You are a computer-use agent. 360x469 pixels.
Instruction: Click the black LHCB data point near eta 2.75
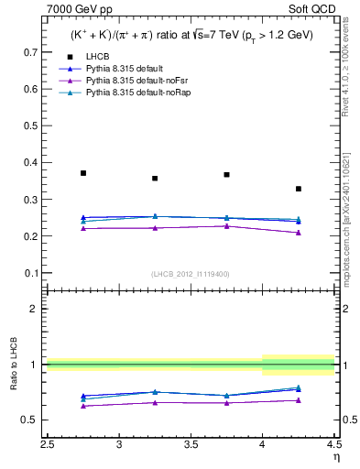click(83, 173)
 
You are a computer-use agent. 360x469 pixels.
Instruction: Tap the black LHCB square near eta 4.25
click(299, 189)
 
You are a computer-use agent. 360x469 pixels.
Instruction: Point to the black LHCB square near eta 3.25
click(155, 179)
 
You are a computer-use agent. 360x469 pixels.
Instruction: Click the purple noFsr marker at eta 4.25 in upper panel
click(299, 233)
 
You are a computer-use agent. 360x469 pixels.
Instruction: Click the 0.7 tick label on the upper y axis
click(34, 53)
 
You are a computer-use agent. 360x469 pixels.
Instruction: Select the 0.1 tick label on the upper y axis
click(34, 273)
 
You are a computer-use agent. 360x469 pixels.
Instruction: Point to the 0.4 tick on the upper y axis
click(34, 163)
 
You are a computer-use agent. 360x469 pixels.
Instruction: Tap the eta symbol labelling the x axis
click(334, 456)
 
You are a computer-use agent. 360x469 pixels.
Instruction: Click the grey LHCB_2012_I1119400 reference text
click(191, 274)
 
